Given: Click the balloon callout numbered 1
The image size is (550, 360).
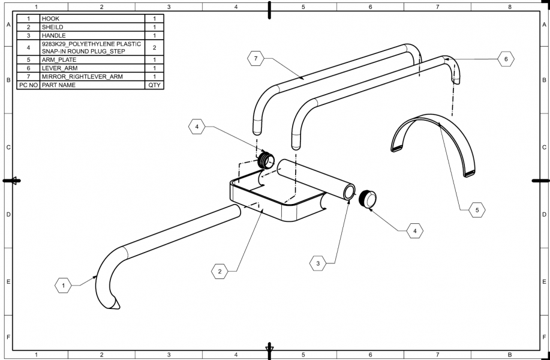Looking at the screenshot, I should [63, 286].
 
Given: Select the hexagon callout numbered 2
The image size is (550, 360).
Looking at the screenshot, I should [220, 271].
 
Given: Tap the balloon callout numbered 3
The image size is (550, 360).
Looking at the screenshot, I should [318, 262].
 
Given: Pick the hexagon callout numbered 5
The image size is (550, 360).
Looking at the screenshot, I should [476, 210].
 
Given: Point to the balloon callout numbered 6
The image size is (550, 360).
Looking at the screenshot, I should [506, 59].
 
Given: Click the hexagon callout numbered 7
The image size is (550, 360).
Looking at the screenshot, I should [256, 58].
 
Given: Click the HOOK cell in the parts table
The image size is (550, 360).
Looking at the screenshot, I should [92, 19].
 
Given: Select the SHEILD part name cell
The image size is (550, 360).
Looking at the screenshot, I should [92, 27].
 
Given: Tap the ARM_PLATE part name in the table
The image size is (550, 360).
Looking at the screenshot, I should [92, 60].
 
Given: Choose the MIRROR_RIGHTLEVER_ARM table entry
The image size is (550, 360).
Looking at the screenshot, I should [92, 77].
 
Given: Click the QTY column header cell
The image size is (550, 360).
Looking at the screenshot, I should [154, 85].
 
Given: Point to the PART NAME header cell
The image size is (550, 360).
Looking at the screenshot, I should [92, 85].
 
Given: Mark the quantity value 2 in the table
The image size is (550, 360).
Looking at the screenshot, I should [154, 47].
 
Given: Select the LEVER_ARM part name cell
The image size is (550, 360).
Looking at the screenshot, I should [92, 68].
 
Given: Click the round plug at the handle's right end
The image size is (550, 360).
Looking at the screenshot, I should [367, 199].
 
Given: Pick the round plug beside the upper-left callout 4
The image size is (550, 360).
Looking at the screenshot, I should [266, 161].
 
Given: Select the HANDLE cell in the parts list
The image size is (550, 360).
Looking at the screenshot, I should [92, 35].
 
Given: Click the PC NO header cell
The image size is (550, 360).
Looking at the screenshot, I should [28, 85].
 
